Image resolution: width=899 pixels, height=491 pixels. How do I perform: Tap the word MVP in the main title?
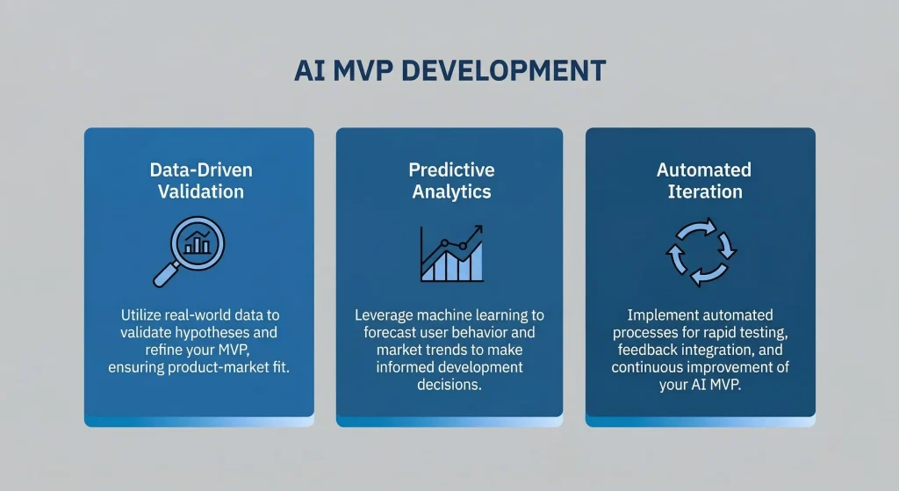(x=363, y=71)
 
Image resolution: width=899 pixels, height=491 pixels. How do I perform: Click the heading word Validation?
(x=200, y=191)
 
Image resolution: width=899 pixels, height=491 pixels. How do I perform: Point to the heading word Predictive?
(x=451, y=170)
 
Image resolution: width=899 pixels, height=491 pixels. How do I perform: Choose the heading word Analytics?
(x=451, y=191)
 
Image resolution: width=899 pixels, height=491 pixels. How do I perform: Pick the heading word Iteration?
(x=704, y=191)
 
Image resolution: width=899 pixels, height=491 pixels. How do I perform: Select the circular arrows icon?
(x=701, y=252)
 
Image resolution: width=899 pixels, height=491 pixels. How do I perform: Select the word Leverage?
(x=385, y=315)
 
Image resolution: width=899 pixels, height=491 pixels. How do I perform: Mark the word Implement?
(x=661, y=315)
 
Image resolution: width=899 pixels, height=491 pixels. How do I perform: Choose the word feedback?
(x=647, y=350)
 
